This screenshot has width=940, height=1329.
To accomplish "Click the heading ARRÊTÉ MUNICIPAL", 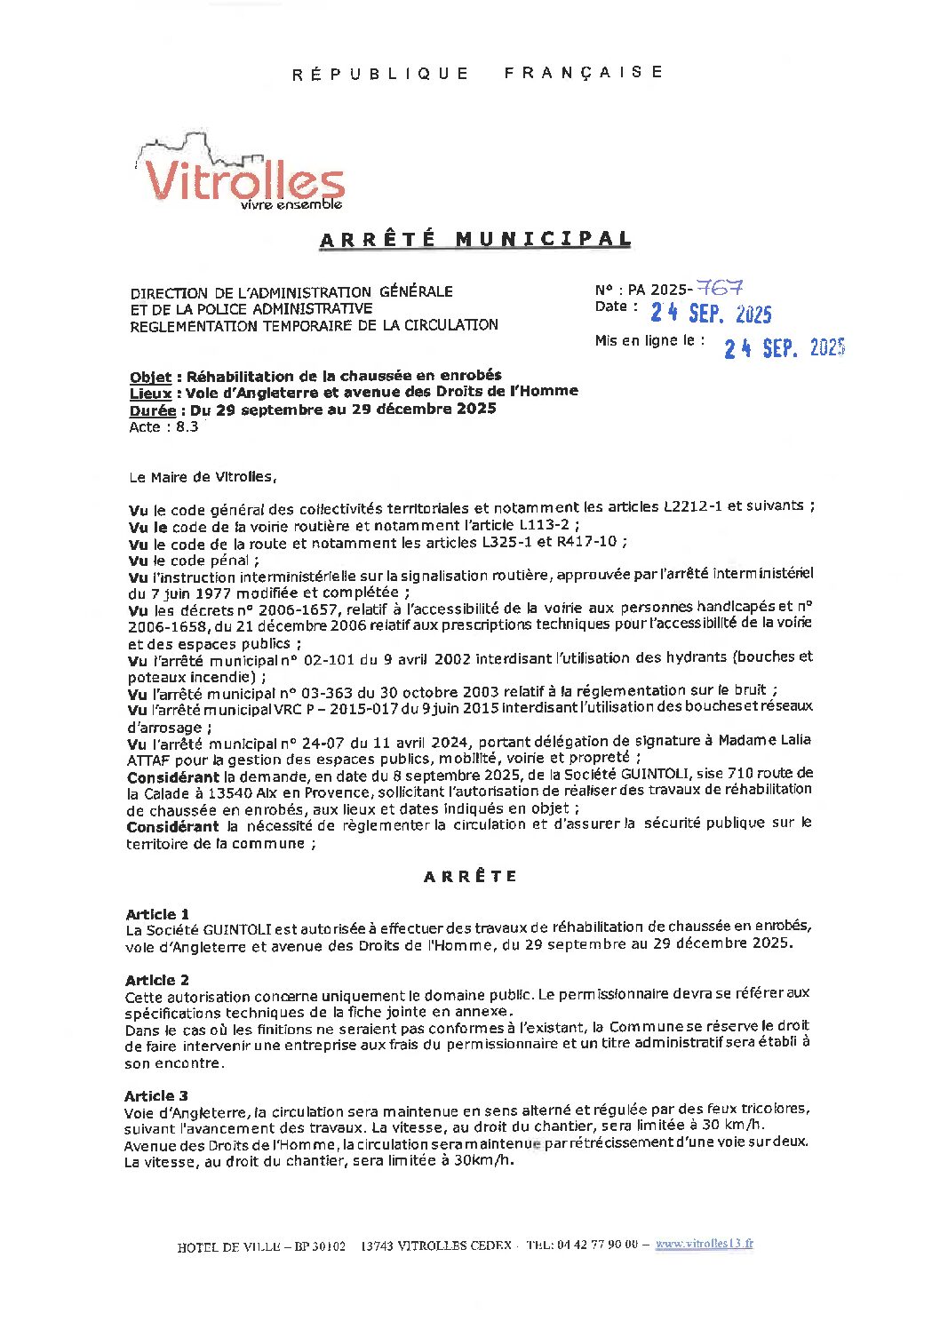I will click(x=475, y=239).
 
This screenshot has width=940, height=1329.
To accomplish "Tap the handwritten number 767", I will click(x=720, y=288).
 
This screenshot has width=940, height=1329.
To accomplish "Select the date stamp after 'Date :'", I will click(x=711, y=313).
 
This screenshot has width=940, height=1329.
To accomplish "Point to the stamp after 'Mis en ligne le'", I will click(x=784, y=347).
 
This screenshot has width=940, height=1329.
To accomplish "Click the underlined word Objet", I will click(x=150, y=377).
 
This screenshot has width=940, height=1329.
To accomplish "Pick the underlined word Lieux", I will click(x=150, y=393).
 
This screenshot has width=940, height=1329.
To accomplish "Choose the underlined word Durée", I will click(x=152, y=410).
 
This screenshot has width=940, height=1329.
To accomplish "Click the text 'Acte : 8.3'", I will click(x=163, y=426).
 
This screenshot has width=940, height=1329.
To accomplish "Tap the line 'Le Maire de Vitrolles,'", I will click(x=203, y=477).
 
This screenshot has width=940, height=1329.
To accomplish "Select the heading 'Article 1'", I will click(x=157, y=914).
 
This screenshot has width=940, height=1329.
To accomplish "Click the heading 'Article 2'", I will click(x=157, y=980).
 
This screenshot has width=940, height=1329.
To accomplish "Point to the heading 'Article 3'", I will click(x=156, y=1095).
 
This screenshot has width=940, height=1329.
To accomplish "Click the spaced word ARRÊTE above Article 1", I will click(x=470, y=876).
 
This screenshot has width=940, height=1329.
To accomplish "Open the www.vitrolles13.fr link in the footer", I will click(x=704, y=1244).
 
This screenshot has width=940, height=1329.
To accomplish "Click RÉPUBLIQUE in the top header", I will click(x=380, y=74).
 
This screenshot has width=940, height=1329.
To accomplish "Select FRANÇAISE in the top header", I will click(x=583, y=72).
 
